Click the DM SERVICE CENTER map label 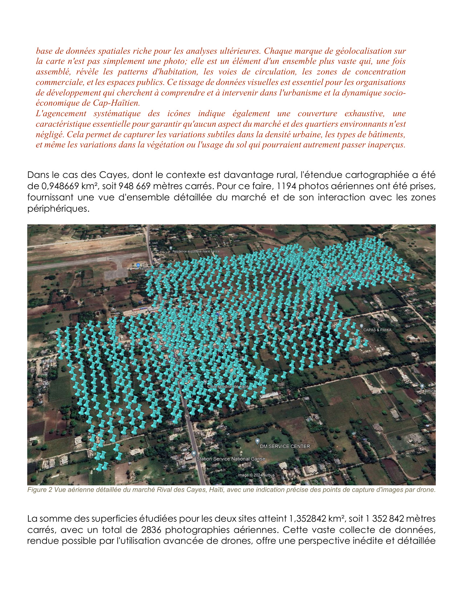(x=285, y=446)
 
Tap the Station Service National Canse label (x=231, y=459)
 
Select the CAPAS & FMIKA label (x=377, y=330)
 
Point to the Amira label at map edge (x=430, y=391)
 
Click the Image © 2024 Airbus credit (x=256, y=475)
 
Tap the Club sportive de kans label (x=228, y=387)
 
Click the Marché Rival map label (x=402, y=276)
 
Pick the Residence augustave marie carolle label (x=196, y=251)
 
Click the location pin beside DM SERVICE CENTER (x=257, y=441)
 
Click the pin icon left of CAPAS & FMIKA (x=361, y=326)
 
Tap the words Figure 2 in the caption (x=37, y=490)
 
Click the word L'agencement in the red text (x=61, y=113)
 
